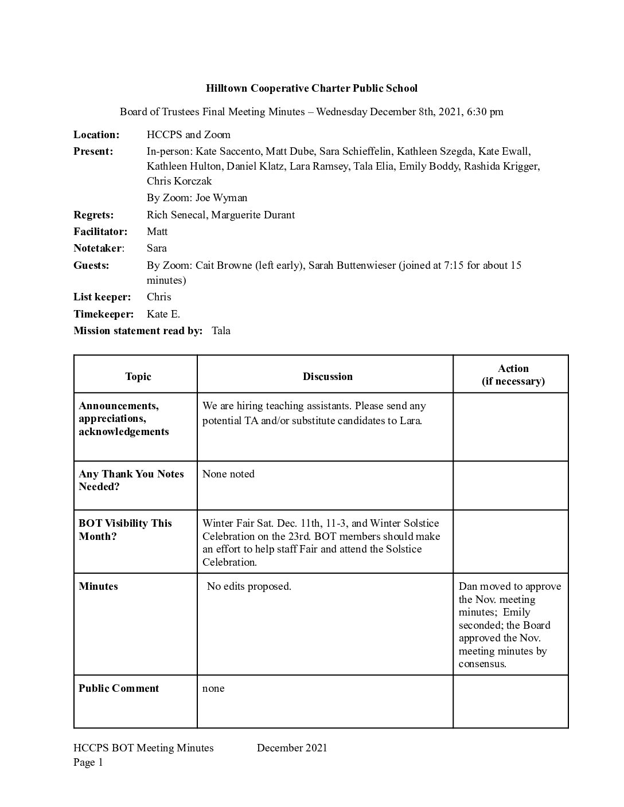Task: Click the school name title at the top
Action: coord(311,88)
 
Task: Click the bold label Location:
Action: coord(96,135)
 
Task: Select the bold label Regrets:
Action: coord(93,215)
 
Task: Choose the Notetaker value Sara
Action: coord(157,248)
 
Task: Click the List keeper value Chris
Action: coord(159,297)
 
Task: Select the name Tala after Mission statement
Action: coord(221,331)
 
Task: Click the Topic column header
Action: coord(138,377)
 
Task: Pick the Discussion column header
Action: coord(327,377)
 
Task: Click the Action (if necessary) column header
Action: coord(513,375)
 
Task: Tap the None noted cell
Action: coord(228,474)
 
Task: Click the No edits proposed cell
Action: coord(249,586)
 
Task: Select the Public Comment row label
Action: coord(119,688)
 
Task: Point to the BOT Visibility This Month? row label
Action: coord(125,530)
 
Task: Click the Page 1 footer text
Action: coord(88,762)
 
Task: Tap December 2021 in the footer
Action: coord(292,747)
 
